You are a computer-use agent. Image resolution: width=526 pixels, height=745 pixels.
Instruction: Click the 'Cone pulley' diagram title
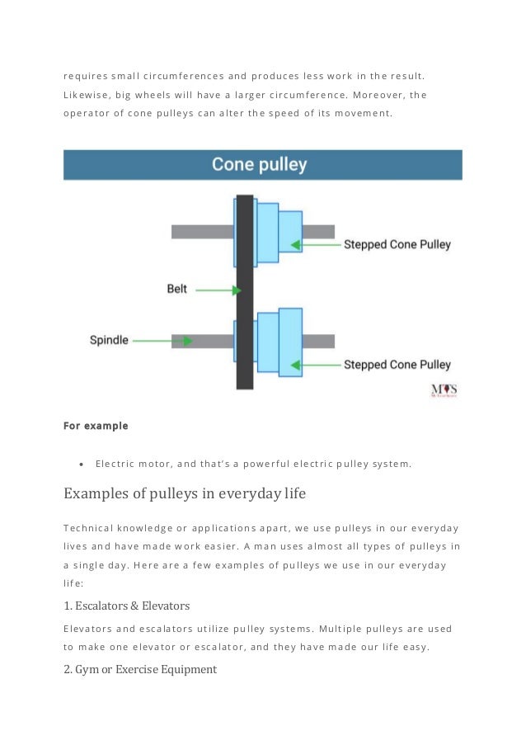click(259, 164)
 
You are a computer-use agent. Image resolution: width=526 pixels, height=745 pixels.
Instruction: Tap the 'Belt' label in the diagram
click(177, 290)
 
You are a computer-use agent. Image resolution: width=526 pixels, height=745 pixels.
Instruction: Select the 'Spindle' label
click(109, 340)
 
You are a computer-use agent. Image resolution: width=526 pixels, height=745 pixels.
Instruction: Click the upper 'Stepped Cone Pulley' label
click(397, 245)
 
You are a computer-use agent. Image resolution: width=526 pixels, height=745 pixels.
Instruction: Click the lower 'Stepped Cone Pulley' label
click(397, 365)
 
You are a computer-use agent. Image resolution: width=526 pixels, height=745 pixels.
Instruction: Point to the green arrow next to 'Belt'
click(218, 290)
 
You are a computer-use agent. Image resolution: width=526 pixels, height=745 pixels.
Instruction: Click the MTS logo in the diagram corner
click(444, 390)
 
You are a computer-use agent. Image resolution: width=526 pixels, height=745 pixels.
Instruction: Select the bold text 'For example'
click(96, 427)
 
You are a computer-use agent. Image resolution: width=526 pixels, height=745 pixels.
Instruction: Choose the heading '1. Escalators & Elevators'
click(127, 606)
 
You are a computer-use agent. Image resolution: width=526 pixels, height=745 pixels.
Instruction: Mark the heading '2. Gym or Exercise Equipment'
click(140, 669)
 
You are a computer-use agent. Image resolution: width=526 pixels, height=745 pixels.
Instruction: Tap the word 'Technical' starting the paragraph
click(90, 527)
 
